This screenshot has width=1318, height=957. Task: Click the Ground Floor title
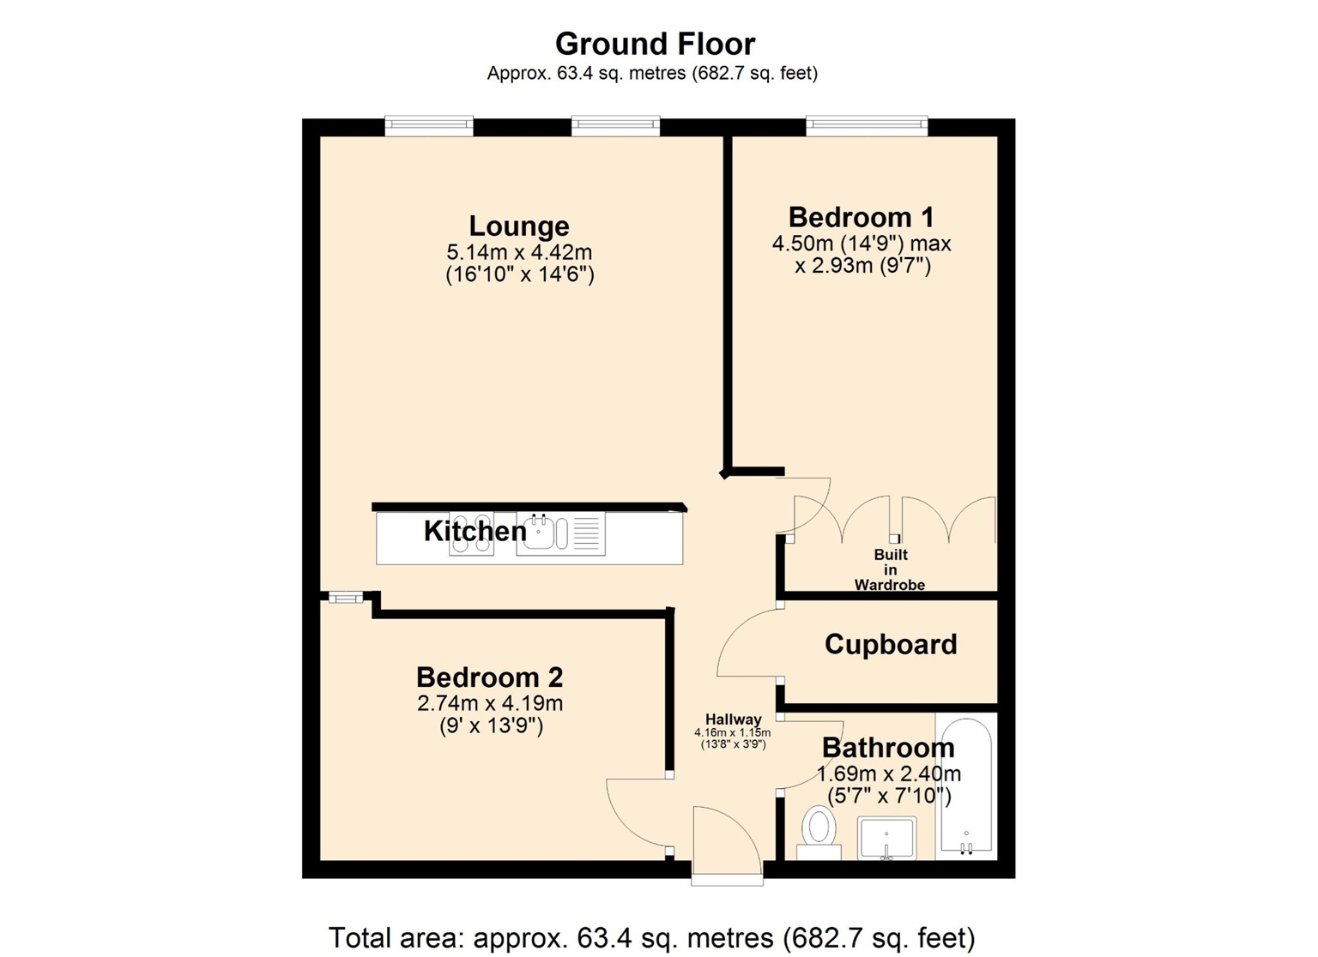(x=655, y=44)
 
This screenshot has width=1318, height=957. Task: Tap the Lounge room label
(x=518, y=226)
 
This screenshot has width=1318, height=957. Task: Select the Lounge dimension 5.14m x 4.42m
(x=519, y=253)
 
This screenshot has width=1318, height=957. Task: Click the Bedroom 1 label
(x=861, y=217)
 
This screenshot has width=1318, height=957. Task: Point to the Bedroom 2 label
(x=489, y=677)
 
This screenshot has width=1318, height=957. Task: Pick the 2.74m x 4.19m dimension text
(x=489, y=704)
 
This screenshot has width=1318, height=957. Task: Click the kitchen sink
(x=541, y=533)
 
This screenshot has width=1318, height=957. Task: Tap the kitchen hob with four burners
(x=471, y=533)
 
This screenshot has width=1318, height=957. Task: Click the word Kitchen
(x=475, y=532)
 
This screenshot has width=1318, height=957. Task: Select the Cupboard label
(x=890, y=645)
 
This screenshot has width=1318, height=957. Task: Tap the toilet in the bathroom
(x=819, y=833)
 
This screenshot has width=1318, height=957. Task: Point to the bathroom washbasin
(x=886, y=837)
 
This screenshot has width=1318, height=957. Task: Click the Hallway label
(x=733, y=719)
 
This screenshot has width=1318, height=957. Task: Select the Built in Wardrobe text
(x=890, y=570)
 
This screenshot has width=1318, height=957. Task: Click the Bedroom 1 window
(x=867, y=126)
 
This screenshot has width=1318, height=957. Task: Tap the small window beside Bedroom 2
(x=345, y=598)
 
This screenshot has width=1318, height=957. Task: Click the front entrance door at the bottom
(x=726, y=845)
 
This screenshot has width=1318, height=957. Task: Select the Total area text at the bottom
(x=651, y=937)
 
